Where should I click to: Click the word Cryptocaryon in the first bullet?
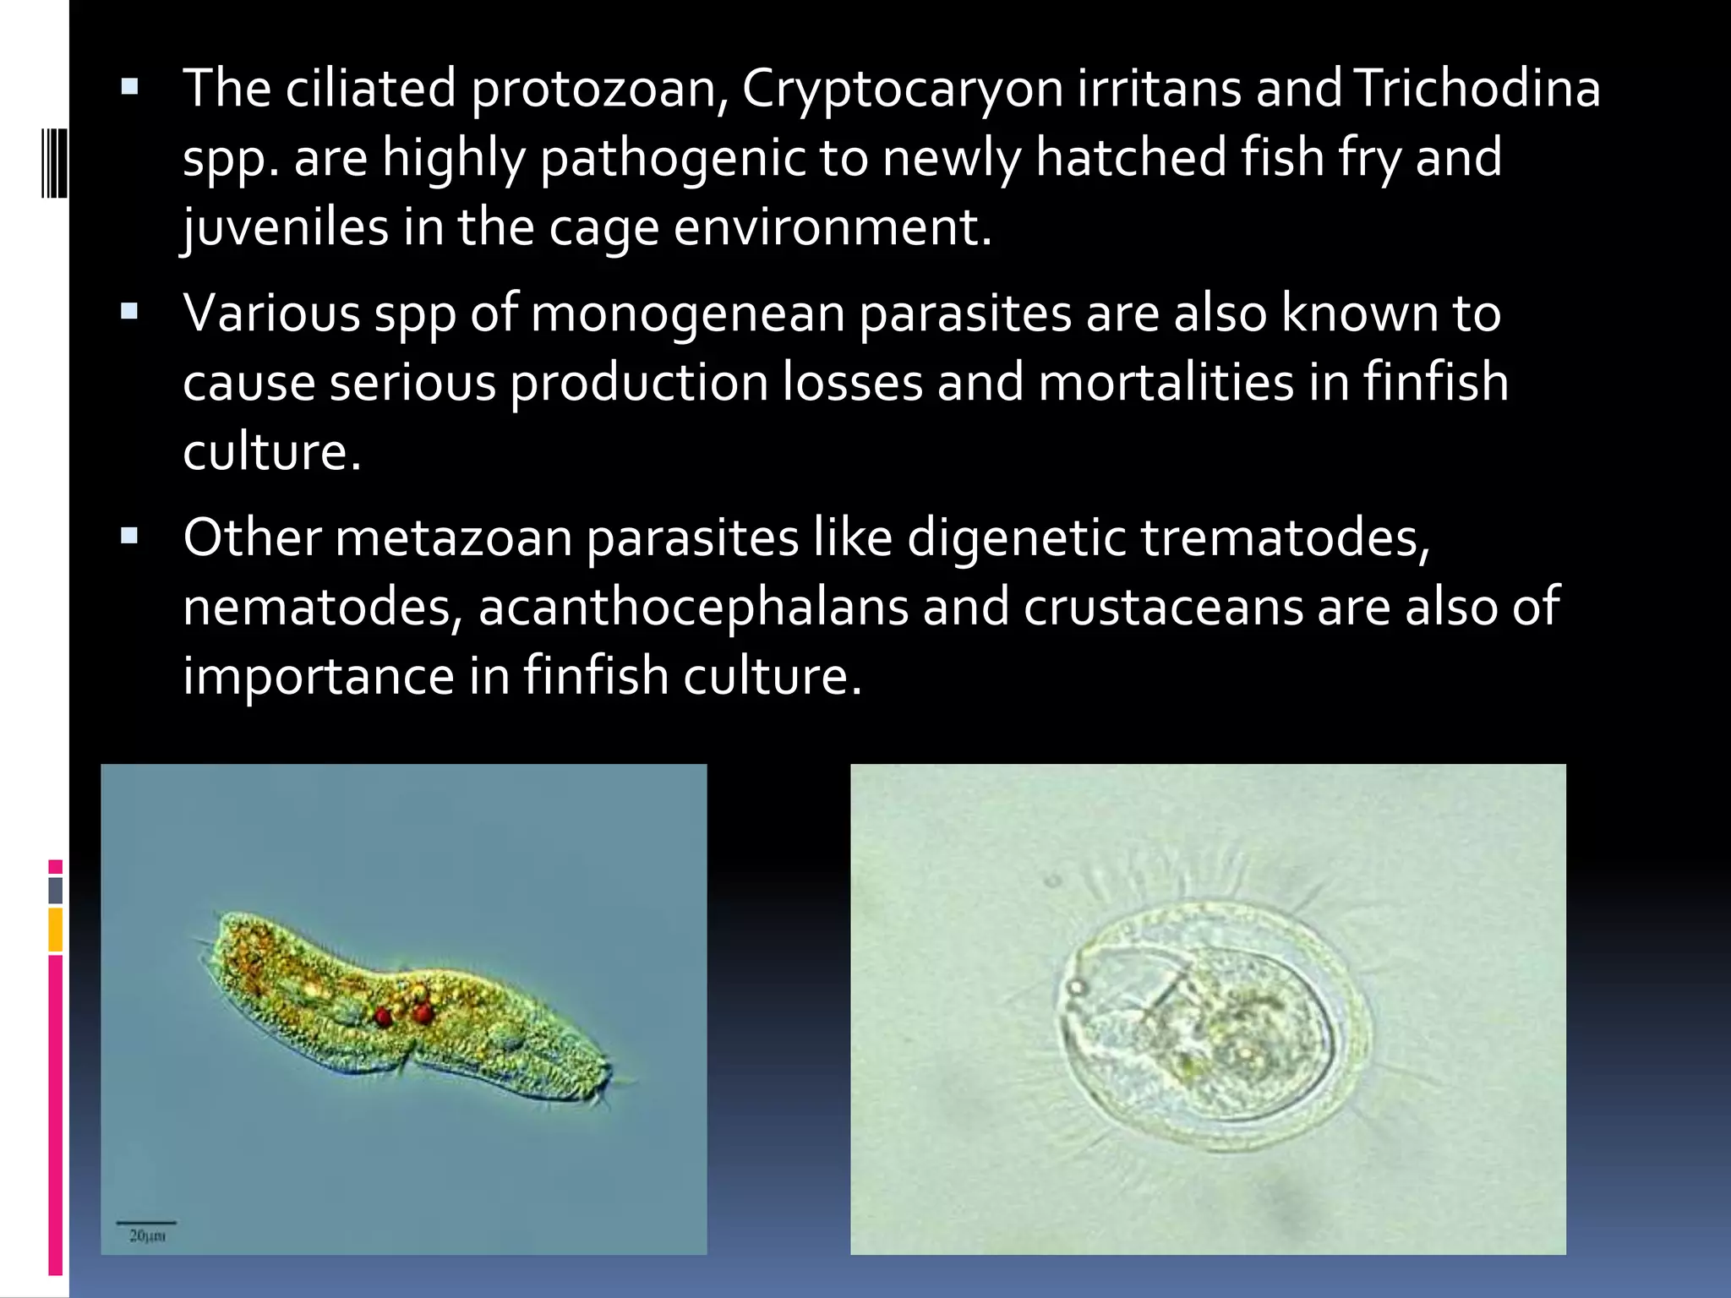click(902, 90)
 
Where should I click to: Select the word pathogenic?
click(672, 159)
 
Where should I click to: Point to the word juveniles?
click(285, 228)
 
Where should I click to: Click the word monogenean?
click(687, 314)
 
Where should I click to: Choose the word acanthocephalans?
click(692, 608)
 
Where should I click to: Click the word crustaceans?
click(1163, 608)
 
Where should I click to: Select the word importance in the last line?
click(319, 676)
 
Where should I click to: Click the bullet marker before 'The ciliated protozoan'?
click(129, 87)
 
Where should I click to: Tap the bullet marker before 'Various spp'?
click(129, 312)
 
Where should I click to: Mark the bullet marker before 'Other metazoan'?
click(129, 536)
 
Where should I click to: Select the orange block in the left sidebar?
click(55, 929)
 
